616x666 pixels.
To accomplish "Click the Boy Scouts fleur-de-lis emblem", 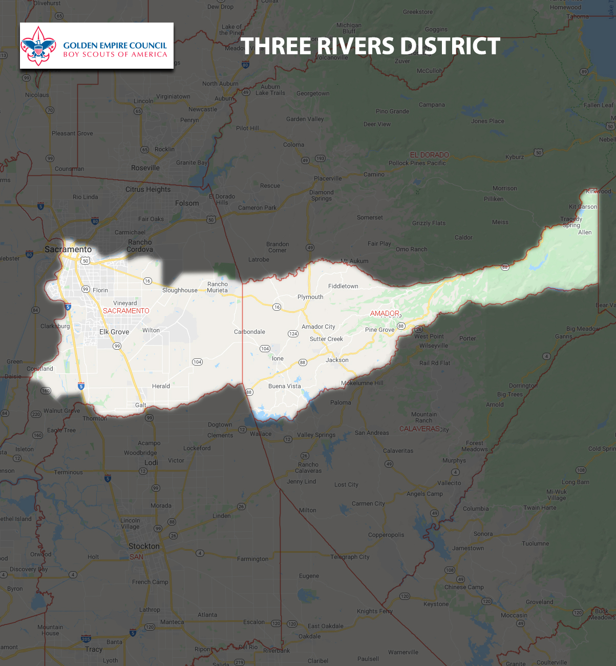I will point(38,46).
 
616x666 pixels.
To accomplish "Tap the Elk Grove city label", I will point(114,332).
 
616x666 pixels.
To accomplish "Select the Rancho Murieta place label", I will point(218,287).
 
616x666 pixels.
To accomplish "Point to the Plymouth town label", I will point(310,297).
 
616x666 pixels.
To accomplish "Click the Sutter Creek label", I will point(326,339).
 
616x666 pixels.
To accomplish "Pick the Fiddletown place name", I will point(343,286).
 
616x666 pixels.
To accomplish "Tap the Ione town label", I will point(278,358).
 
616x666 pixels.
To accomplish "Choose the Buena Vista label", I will point(285,386).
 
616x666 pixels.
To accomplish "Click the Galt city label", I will point(141,405).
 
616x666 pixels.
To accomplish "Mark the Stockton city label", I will point(144,546).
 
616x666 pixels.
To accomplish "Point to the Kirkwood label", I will point(599,191).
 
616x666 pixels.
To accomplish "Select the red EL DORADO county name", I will point(429,155).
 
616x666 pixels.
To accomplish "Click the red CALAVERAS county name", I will point(419,429).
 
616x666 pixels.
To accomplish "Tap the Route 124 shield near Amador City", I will point(293,334).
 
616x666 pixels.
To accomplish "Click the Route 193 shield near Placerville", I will point(320,158).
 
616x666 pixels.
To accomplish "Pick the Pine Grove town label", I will point(379,330).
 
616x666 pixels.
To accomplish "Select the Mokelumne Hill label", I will point(362,383).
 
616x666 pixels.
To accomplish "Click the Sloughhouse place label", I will point(180,290).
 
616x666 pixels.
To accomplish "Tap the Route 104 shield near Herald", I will point(197,362).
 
